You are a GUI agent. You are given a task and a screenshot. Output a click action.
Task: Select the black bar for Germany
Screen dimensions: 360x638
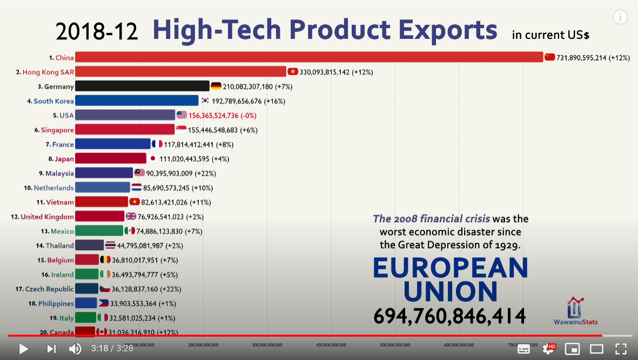click(x=142, y=86)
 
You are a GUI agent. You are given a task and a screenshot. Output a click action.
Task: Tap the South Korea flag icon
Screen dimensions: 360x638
click(x=205, y=101)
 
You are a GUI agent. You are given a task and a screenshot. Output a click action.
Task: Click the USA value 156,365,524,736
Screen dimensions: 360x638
click(x=222, y=115)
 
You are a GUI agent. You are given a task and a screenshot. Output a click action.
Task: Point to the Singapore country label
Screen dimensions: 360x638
click(x=57, y=130)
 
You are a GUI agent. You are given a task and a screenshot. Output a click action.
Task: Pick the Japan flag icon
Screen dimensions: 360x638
click(x=152, y=158)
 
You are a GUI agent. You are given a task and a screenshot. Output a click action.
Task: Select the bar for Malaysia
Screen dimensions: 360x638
click(x=104, y=173)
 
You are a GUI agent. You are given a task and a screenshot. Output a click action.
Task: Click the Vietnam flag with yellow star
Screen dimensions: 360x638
click(x=135, y=202)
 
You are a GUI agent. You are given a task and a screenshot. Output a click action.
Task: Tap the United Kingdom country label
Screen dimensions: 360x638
click(x=47, y=217)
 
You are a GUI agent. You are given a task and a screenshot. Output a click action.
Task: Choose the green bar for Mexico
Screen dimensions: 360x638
click(x=99, y=231)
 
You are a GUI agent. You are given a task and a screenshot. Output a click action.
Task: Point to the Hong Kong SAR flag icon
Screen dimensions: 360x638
click(x=292, y=71)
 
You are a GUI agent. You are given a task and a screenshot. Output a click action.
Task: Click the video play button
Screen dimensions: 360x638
click(x=23, y=349)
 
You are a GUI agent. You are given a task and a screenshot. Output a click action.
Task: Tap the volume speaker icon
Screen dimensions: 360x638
click(x=75, y=349)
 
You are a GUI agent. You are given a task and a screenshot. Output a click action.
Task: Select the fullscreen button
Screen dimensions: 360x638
click(x=621, y=349)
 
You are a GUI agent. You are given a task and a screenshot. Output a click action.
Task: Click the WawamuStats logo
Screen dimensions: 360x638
click(x=575, y=311)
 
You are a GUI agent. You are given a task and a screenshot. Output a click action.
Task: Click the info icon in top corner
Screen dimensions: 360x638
click(x=620, y=17)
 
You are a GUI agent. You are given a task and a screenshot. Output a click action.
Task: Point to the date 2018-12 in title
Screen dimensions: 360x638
click(x=97, y=32)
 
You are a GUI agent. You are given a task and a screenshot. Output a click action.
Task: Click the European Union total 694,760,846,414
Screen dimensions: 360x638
click(x=449, y=316)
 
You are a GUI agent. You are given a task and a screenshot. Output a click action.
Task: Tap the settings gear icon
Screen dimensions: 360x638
click(x=548, y=349)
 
